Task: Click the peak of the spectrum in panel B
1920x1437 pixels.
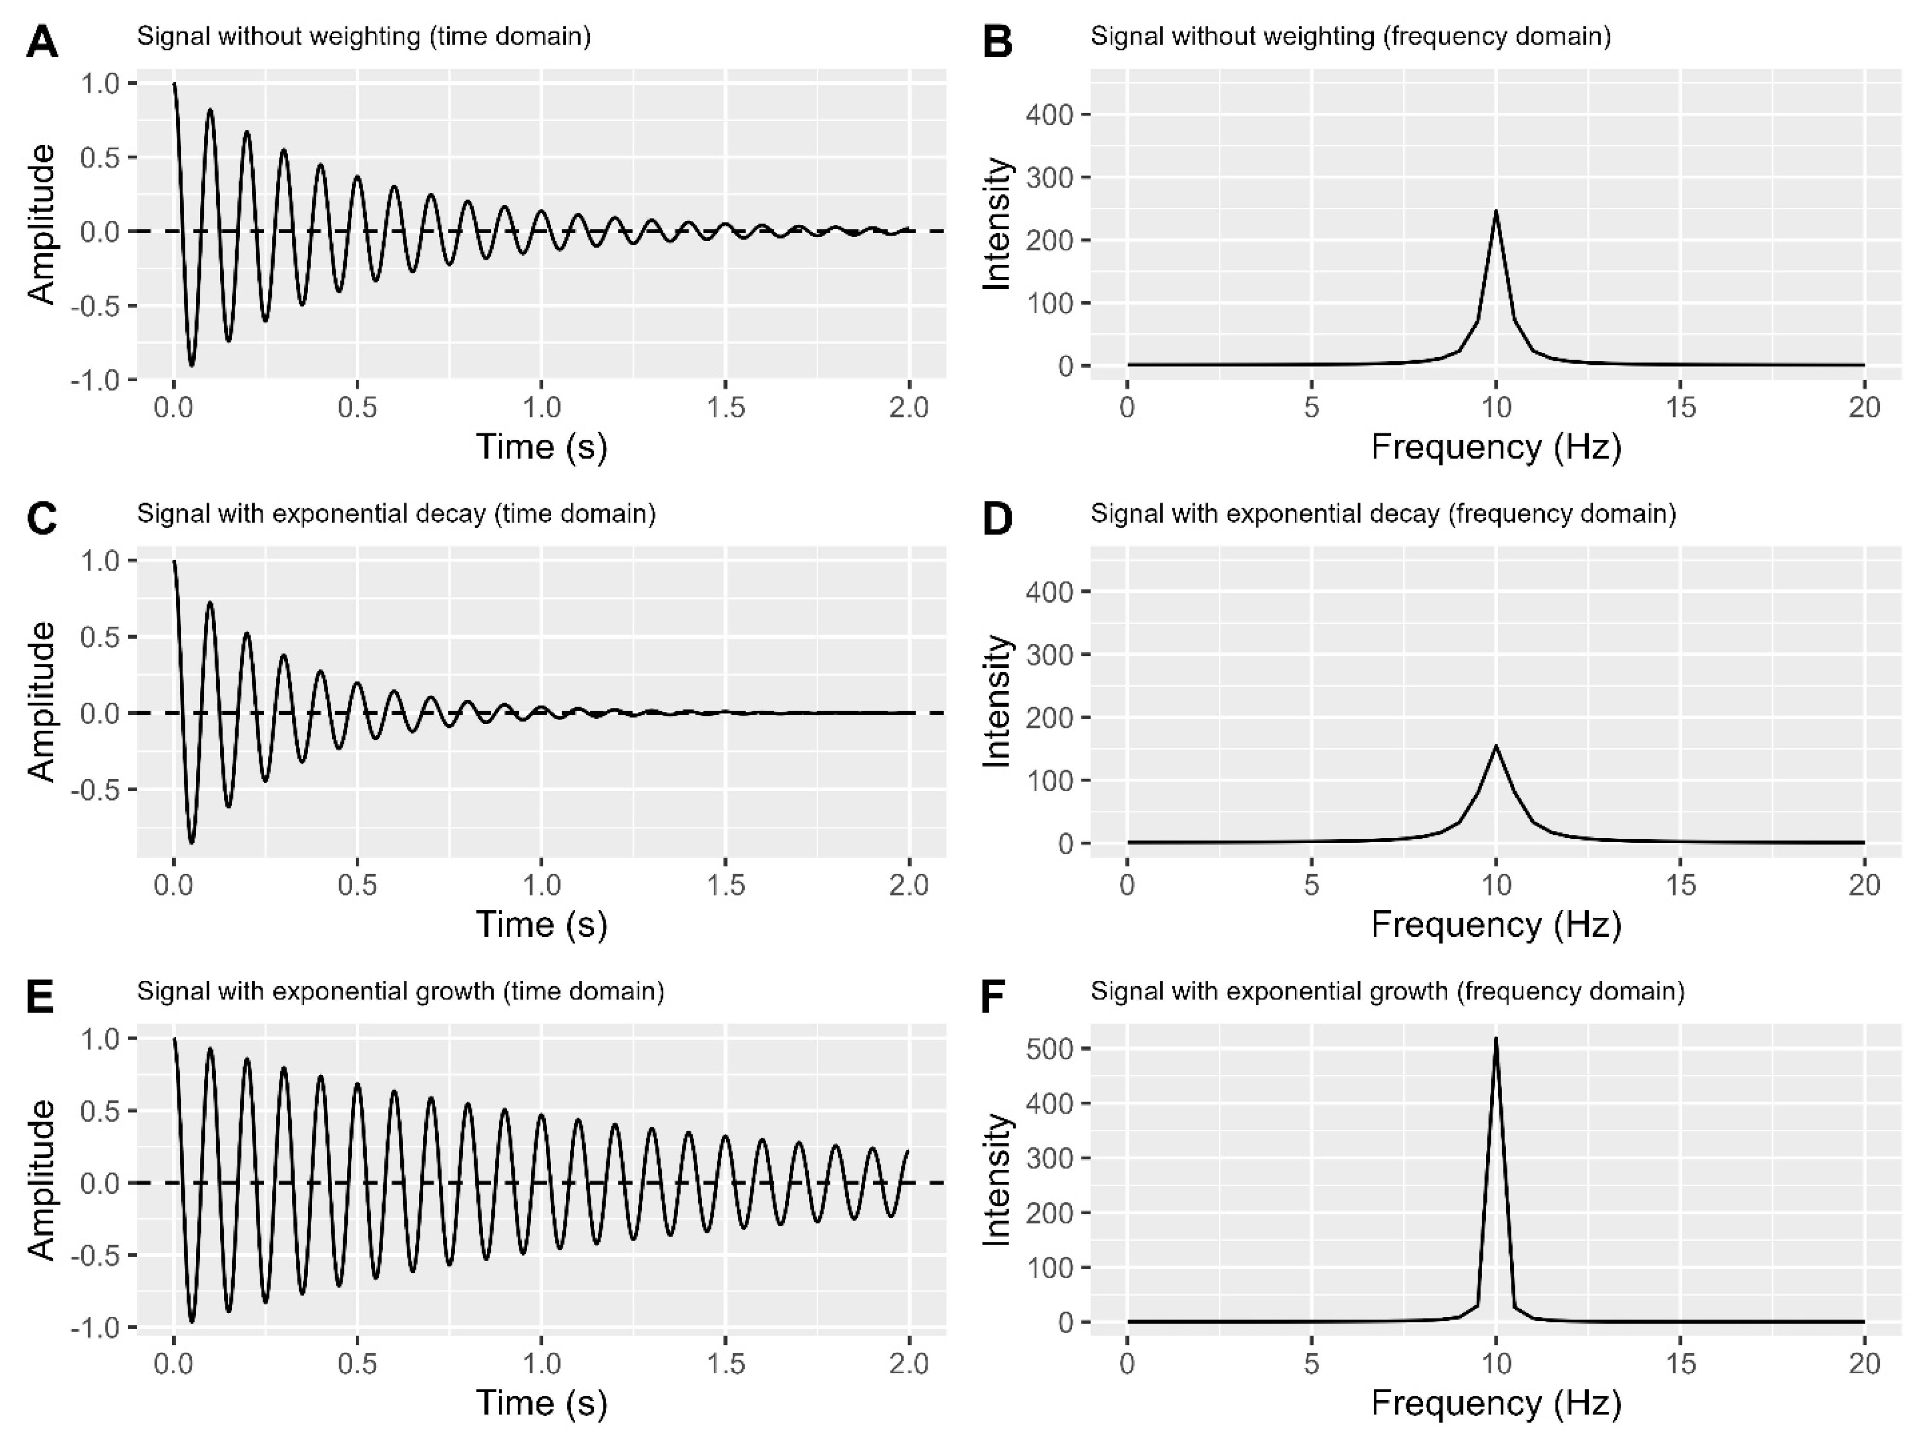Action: click(1496, 211)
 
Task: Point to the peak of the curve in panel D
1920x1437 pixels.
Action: click(1496, 746)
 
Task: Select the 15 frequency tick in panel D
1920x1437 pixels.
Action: click(1680, 886)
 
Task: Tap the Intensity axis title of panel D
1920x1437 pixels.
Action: click(998, 702)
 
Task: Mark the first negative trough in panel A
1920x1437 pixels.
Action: click(192, 365)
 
